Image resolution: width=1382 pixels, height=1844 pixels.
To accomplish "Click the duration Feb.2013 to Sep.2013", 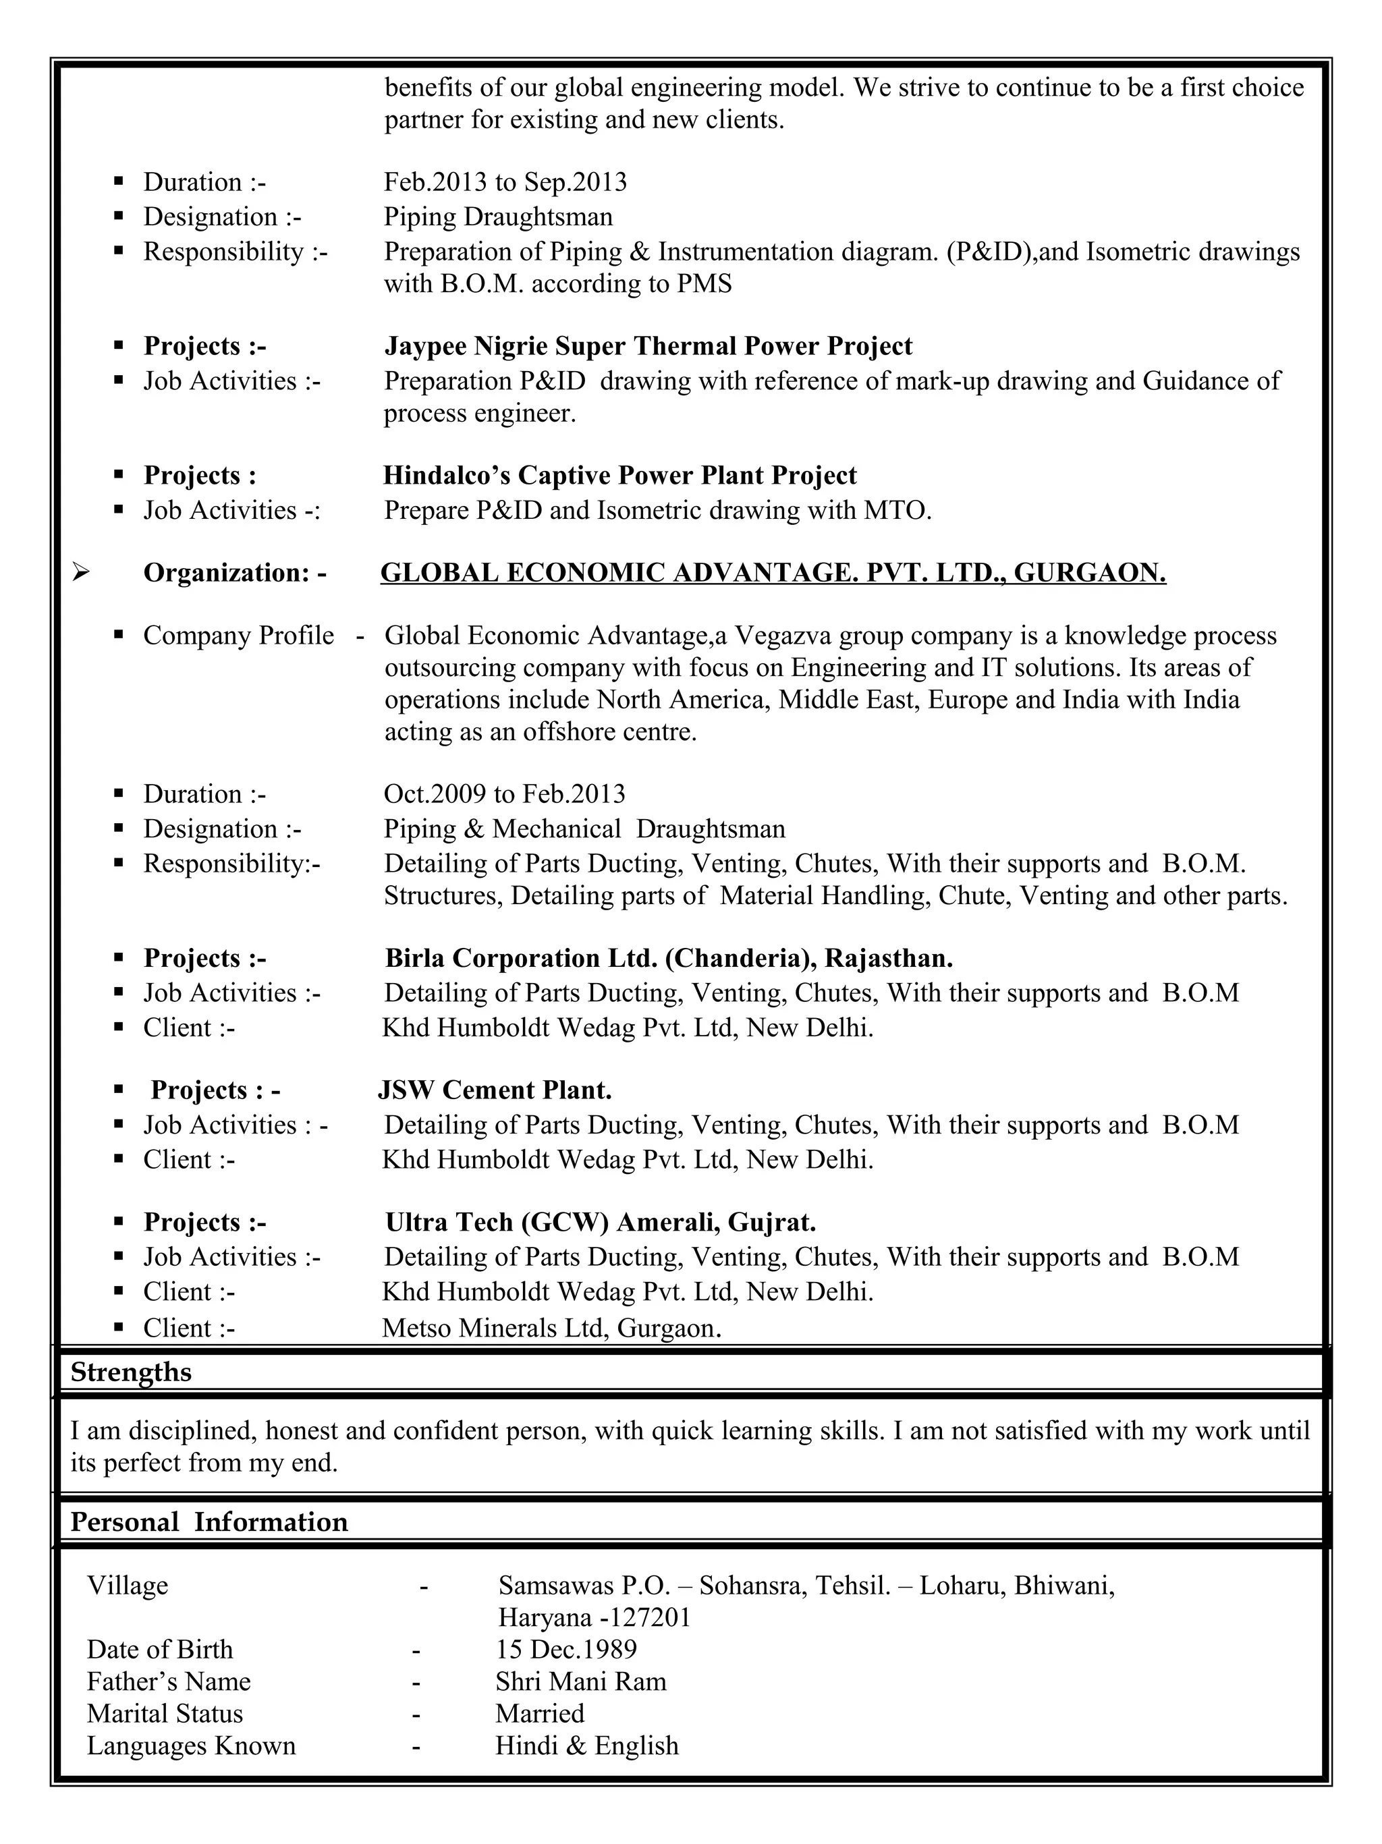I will tap(505, 181).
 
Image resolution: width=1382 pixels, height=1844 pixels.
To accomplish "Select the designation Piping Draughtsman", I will tap(497, 217).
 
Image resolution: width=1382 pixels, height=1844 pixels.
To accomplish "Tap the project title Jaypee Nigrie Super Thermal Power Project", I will tap(648, 346).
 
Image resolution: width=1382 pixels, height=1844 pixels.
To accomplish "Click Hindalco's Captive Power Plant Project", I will tap(619, 475).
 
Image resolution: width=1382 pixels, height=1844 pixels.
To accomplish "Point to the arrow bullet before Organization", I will tap(81, 572).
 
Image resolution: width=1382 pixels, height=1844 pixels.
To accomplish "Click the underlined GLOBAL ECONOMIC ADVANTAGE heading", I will tap(773, 573).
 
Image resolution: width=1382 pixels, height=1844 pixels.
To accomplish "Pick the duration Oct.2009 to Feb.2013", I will tap(504, 793).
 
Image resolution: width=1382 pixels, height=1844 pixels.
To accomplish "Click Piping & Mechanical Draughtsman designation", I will tap(584, 829).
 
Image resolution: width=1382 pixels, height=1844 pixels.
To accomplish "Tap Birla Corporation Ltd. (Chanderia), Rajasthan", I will tap(669, 958).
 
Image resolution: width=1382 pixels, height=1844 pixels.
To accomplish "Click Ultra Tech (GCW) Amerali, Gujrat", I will tap(600, 1222).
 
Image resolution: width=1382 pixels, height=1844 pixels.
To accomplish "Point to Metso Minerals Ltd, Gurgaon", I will tap(551, 1328).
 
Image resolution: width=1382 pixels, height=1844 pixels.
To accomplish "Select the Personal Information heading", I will tap(209, 1522).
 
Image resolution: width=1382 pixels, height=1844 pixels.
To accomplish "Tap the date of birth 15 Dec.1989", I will tap(566, 1650).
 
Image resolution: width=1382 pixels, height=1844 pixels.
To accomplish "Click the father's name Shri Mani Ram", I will tap(581, 1681).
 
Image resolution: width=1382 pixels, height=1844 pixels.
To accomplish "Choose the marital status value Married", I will tap(539, 1714).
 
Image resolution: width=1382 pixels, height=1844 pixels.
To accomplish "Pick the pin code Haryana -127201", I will tap(595, 1618).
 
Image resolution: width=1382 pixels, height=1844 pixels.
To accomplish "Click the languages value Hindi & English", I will tap(587, 1745).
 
